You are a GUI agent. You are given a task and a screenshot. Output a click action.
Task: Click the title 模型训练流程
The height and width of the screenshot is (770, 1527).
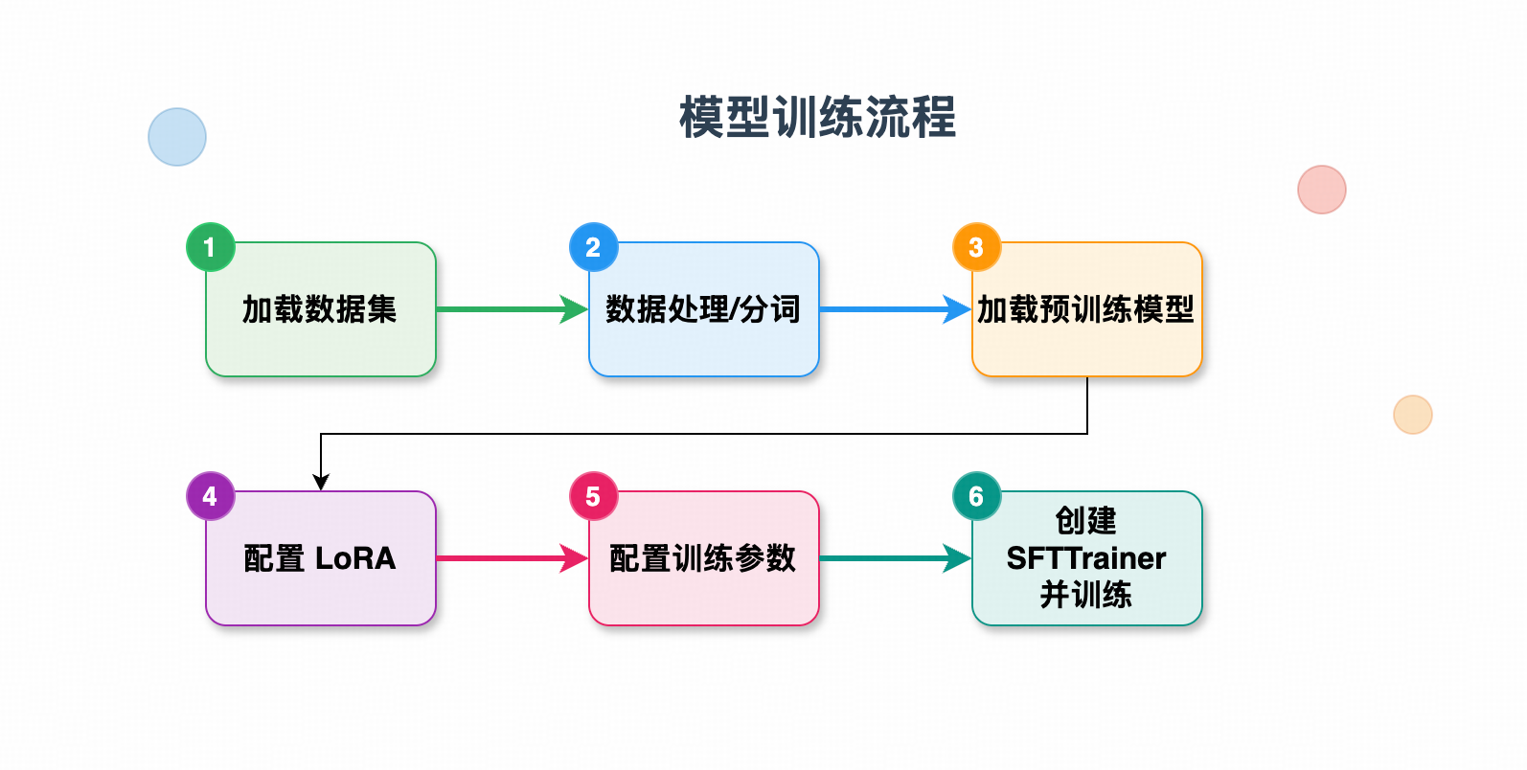(817, 118)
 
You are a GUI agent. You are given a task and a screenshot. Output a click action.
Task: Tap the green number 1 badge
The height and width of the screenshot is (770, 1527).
(210, 247)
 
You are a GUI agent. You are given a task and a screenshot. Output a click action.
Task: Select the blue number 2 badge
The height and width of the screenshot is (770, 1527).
(593, 247)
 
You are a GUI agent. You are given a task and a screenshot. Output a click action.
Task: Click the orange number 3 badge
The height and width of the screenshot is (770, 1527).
(976, 247)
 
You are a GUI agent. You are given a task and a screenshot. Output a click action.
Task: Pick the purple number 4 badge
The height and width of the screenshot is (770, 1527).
(210, 496)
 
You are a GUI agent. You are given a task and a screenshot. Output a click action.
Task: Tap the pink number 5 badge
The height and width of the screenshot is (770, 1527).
(593, 496)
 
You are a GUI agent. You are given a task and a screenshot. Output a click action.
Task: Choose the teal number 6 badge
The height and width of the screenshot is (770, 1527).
(976, 496)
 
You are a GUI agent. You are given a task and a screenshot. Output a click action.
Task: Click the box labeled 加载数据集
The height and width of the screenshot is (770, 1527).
(320, 309)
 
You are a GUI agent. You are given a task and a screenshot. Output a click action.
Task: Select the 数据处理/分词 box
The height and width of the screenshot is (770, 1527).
(703, 309)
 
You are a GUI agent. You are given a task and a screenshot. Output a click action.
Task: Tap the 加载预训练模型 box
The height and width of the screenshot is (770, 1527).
(1086, 309)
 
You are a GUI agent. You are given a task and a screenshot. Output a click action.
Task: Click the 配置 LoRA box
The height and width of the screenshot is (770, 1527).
(320, 558)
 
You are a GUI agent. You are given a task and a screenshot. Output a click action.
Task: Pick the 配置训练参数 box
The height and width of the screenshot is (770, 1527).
(703, 558)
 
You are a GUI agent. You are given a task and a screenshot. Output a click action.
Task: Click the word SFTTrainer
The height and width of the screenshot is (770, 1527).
(1086, 558)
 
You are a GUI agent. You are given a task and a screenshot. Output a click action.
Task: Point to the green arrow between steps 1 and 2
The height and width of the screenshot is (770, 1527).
(508, 309)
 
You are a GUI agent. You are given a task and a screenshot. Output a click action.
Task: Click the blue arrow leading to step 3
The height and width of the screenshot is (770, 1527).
(891, 309)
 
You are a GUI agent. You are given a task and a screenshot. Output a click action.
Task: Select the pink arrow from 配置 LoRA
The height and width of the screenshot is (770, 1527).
(508, 558)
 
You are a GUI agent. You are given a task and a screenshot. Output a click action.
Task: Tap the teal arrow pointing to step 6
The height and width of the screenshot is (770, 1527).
(891, 558)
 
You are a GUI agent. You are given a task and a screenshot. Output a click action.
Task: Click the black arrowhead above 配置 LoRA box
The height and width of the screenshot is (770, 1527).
(321, 482)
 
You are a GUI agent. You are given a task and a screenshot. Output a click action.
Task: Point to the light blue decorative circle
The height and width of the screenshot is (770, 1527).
(177, 137)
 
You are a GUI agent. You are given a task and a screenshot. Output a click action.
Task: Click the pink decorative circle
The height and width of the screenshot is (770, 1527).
(1322, 190)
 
